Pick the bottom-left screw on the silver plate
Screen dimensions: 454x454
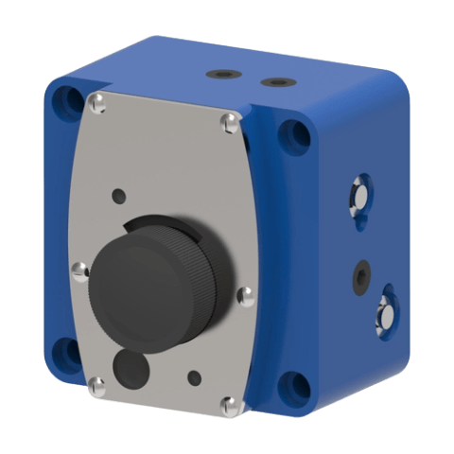96,383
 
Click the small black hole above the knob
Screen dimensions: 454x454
118,197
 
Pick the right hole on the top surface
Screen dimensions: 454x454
273,82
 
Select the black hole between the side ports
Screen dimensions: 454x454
359,275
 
